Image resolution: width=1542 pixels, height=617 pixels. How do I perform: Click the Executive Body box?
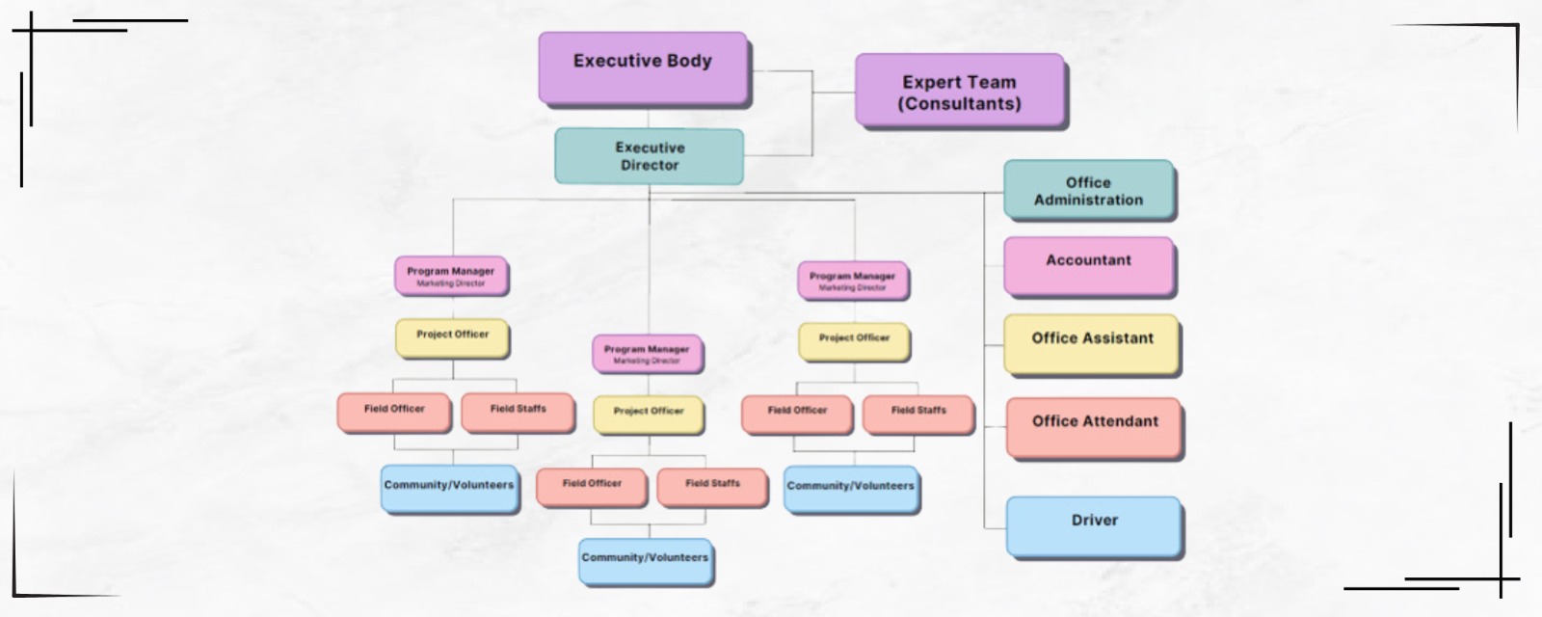coord(643,67)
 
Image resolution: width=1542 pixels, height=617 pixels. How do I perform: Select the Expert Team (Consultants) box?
coord(960,91)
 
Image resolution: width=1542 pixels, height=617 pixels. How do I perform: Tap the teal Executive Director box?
coord(649,156)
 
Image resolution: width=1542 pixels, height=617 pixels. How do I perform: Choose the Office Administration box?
coord(1088,191)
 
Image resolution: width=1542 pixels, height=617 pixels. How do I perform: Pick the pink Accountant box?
coord(1089,265)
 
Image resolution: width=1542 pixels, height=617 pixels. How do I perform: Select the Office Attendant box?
coord(1094,426)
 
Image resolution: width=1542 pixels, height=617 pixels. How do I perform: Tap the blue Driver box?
coord(1094,525)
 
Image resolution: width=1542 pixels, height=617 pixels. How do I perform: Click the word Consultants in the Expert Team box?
coord(959,103)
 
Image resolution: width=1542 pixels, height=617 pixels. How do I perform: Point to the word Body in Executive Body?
coord(688,61)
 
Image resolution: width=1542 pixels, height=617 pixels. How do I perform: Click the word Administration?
coord(1088,201)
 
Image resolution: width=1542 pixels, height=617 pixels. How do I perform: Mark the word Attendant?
coord(1121,421)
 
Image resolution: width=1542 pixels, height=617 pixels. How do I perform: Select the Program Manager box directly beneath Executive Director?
coord(647,354)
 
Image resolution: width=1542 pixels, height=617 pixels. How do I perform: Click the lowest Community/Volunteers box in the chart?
coord(645,562)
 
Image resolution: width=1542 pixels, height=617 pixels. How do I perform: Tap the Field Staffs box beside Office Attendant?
coord(917,414)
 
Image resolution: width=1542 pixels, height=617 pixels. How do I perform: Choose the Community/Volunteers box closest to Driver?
coord(850,489)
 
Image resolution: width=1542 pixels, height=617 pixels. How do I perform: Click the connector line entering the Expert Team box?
coord(835,93)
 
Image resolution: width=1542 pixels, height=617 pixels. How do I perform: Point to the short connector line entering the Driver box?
coord(995,527)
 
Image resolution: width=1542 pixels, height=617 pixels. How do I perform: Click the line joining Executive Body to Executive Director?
coord(649,118)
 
